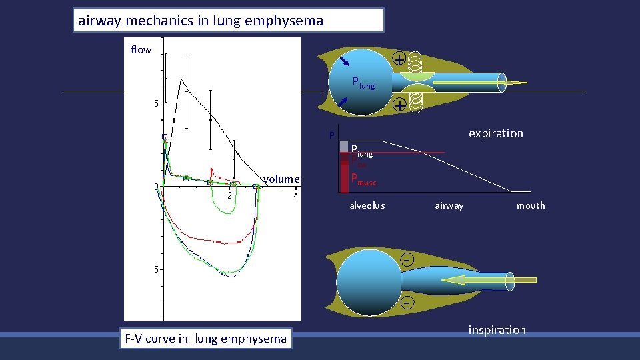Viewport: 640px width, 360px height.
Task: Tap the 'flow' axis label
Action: [x=141, y=50]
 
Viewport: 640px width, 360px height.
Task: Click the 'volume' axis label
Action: [x=281, y=179]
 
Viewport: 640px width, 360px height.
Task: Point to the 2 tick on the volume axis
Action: [x=229, y=196]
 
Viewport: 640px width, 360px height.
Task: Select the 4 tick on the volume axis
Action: [x=295, y=196]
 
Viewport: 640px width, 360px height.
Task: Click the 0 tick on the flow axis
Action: [x=156, y=187]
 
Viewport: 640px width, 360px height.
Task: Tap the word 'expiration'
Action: [x=495, y=133]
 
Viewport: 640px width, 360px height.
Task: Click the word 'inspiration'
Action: [x=497, y=330]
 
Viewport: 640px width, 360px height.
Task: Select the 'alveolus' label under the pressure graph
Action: [x=367, y=205]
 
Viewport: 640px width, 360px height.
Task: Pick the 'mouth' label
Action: [x=531, y=205]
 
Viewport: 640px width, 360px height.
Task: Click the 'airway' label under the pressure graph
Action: [x=449, y=205]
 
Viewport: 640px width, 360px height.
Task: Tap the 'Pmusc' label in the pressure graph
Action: [x=363, y=179]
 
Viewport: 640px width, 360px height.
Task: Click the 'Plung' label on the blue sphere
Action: [x=363, y=83]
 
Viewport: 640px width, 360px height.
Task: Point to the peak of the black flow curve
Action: [x=180, y=79]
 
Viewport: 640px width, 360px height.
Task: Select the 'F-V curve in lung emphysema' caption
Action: [x=205, y=338]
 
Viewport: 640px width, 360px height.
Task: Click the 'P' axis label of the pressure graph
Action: [x=330, y=137]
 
